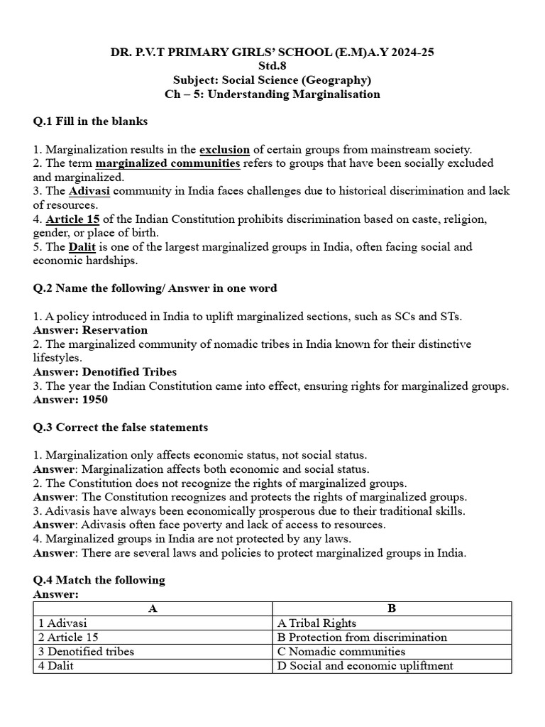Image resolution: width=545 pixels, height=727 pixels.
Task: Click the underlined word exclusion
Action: coord(224,149)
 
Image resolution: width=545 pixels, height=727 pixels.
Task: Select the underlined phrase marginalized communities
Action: coord(167,163)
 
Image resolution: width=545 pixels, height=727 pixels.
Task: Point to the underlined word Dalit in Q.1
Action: coord(82,247)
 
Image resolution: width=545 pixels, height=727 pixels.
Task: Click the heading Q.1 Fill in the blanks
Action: coord(90,121)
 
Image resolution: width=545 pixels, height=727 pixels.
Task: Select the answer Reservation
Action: coord(115,330)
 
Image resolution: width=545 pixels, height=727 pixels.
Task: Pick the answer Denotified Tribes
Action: coord(129,372)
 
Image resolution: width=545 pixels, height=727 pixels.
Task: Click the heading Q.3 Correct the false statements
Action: coord(121,427)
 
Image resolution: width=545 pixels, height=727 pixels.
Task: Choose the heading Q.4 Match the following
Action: coord(99,580)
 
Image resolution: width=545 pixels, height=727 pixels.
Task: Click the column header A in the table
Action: coord(153,608)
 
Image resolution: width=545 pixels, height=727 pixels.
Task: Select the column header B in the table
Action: coord(392,608)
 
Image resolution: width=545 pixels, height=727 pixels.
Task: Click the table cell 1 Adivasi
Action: coord(62,623)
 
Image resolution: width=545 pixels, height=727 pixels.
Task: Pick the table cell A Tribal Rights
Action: coord(316,623)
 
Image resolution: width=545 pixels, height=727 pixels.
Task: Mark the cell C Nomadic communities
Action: coord(341,651)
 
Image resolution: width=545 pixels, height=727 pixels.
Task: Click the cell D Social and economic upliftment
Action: coord(365,665)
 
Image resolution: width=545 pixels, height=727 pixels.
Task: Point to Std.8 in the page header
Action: coord(272,66)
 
